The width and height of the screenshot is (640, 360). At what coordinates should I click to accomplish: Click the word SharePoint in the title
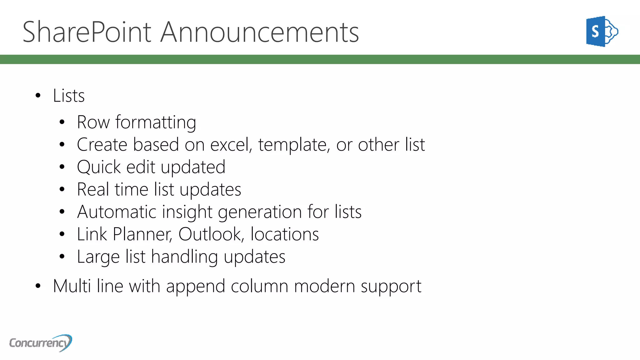(x=87, y=32)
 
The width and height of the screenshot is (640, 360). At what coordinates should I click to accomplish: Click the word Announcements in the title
(x=259, y=32)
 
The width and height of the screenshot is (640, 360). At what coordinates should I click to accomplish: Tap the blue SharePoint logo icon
(x=602, y=32)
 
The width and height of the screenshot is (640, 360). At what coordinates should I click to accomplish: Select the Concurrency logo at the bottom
(x=41, y=343)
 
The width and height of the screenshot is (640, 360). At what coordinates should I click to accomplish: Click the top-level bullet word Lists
(x=69, y=96)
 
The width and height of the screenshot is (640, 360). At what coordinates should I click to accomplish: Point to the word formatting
(x=156, y=122)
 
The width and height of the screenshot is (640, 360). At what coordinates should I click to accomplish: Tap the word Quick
(x=98, y=167)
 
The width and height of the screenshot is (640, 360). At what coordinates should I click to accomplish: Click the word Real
(x=93, y=189)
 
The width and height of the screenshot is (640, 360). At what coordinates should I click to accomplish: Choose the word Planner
(x=142, y=234)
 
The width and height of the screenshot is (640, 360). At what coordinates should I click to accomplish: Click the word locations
(x=285, y=234)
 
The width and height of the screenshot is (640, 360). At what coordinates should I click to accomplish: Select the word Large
(x=98, y=257)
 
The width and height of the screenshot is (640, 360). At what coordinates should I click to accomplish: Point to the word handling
(x=184, y=257)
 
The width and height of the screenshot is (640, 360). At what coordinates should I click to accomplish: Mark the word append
(x=196, y=287)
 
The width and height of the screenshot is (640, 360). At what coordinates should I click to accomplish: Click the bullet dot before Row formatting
(x=62, y=122)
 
